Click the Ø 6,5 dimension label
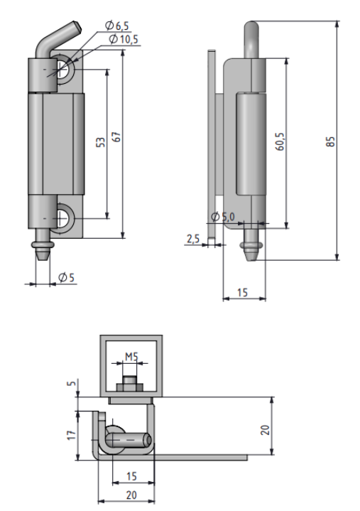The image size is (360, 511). coord(117,26)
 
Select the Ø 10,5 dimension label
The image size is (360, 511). coord(124,39)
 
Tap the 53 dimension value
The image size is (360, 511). coord(102,142)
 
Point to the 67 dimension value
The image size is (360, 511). coord(116,137)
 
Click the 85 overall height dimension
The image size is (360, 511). coord(330,141)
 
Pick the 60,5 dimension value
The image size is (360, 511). coord(280,141)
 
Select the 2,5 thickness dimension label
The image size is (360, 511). coord(193,239)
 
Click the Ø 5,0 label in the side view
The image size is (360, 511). coord(223,217)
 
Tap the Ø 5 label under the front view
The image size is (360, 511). coord(67,277)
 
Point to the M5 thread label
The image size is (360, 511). coord(131,357)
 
